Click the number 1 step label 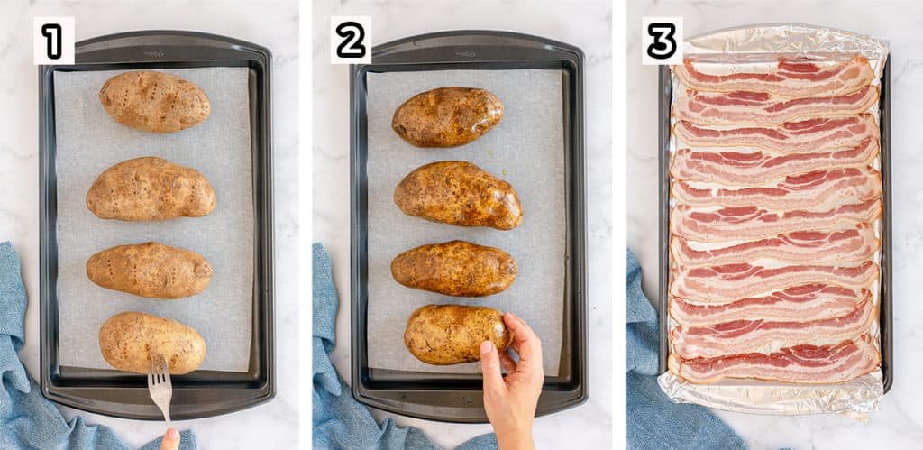pos(53,41)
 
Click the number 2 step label pos(351,41)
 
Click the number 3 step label pos(662,41)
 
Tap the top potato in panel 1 pos(154,101)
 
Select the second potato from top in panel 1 pos(151,188)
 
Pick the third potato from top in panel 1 pos(149,270)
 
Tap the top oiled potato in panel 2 pos(447,116)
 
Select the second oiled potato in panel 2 pos(458,194)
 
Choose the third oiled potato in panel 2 pos(453,268)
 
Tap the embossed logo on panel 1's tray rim pos(155,53)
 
